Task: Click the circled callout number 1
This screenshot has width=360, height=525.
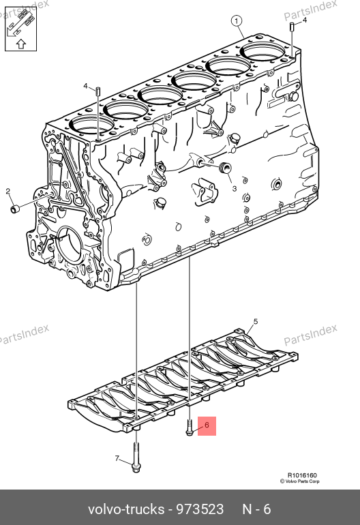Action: pyautogui.click(x=237, y=21)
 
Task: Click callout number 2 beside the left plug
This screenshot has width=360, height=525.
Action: pyautogui.click(x=8, y=191)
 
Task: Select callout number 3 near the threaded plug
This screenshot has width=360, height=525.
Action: pyautogui.click(x=235, y=188)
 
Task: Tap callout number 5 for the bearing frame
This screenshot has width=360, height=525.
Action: pyautogui.click(x=256, y=322)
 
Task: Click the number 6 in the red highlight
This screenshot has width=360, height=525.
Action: pyautogui.click(x=207, y=425)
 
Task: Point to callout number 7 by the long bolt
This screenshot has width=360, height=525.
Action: pyautogui.click(x=117, y=458)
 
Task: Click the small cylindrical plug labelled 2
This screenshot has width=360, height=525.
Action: pyautogui.click(x=14, y=209)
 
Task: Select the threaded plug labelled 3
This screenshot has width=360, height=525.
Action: pyautogui.click(x=224, y=168)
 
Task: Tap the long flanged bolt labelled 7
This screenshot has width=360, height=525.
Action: pyautogui.click(x=136, y=457)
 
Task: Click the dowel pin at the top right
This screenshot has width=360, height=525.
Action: pyautogui.click(x=292, y=26)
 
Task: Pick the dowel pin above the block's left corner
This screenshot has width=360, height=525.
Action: pyautogui.click(x=98, y=91)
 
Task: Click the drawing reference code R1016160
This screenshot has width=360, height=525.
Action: pyautogui.click(x=302, y=475)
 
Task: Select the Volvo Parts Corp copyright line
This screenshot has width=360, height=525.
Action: pyautogui.click(x=300, y=481)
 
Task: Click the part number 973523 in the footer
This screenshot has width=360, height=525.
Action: pyautogui.click(x=200, y=509)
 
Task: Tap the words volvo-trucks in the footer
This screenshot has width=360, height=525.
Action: pyautogui.click(x=126, y=509)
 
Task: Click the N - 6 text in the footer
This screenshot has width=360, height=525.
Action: pyautogui.click(x=256, y=509)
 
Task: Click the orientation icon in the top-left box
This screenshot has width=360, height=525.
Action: pyautogui.click(x=20, y=29)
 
